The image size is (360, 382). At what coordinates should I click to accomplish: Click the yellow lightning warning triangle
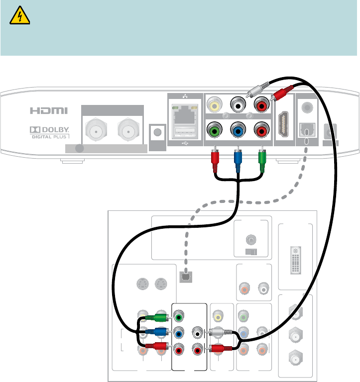20,18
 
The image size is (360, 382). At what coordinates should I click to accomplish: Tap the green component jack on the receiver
215,132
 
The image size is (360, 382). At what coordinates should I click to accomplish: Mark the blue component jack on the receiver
238,132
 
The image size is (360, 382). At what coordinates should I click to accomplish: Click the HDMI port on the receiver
284,122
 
